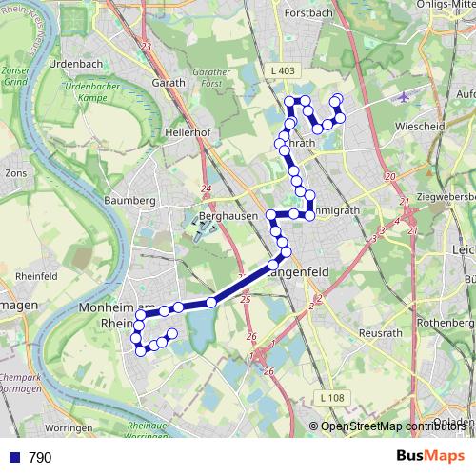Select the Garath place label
(x=169, y=83)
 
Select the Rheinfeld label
(x=38, y=276)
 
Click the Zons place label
(x=15, y=174)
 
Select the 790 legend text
(x=40, y=458)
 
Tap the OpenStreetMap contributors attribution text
(x=390, y=426)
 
